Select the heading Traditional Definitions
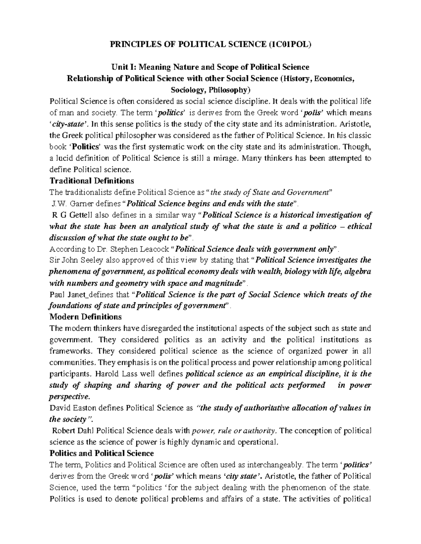click(92, 181)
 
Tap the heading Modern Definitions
click(86, 317)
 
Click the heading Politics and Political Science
click(102, 453)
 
